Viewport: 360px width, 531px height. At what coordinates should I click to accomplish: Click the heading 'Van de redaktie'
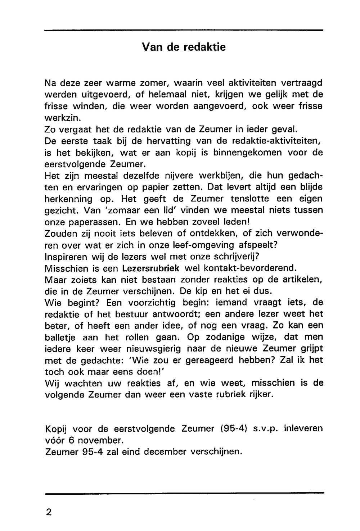(x=184, y=47)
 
